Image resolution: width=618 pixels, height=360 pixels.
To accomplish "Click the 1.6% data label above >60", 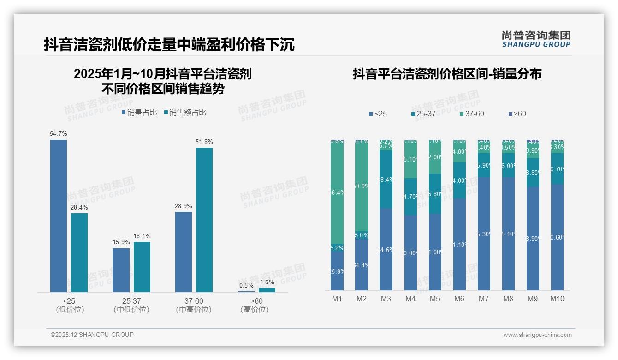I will point(267,282).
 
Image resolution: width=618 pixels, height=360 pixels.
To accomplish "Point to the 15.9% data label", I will point(121,242).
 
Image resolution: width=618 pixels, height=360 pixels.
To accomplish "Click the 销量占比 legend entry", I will point(139,113).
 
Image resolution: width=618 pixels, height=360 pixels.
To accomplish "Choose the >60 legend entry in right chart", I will point(517,114).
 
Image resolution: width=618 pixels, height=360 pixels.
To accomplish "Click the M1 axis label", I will point(337,299).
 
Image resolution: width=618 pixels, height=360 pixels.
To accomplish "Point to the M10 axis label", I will point(557,299).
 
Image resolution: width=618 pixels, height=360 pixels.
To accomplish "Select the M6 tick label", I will point(459,299).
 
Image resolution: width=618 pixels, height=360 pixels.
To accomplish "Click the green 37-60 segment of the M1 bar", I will point(337,192).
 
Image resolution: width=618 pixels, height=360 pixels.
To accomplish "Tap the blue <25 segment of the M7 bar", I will point(484,234).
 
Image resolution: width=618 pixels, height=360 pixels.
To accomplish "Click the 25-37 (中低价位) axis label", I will point(131,305).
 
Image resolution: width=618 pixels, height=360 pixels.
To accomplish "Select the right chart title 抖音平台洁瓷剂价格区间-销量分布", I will point(447,74).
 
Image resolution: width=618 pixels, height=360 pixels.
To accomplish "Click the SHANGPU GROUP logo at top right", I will point(536,39).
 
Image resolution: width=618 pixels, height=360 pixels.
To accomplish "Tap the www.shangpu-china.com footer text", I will point(537,335).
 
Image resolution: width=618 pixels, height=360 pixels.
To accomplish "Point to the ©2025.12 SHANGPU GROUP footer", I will point(92,335).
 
